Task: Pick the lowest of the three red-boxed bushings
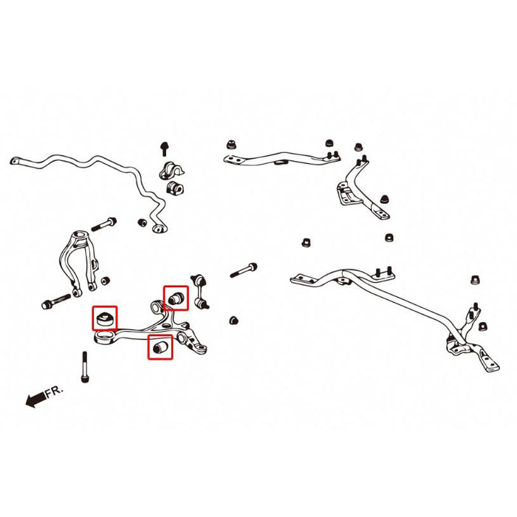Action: click(160, 346)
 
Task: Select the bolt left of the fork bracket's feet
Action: click(53, 303)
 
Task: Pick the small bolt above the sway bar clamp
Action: click(164, 148)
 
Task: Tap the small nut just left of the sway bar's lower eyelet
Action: click(143, 221)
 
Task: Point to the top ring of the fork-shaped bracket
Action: click(79, 239)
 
